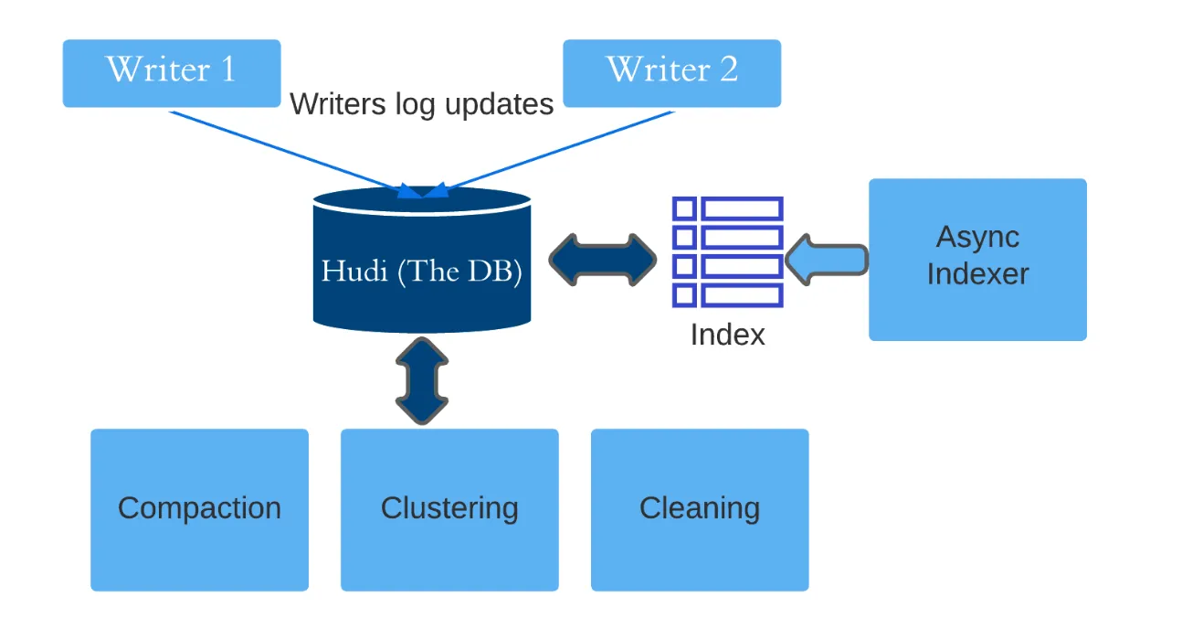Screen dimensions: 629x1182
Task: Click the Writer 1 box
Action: point(171,73)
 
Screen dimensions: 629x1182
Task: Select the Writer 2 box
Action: point(671,73)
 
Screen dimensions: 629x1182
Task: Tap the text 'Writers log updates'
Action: point(421,104)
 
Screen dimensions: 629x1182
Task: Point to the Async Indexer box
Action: point(977,260)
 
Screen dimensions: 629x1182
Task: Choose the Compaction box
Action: point(199,509)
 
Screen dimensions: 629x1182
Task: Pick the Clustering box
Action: point(449,509)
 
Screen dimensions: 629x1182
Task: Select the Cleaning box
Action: point(700,509)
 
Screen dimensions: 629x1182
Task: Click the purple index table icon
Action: point(728,251)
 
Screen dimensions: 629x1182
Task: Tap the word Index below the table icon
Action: point(727,335)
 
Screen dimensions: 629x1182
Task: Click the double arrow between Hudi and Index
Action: point(603,260)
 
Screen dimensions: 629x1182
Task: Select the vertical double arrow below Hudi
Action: point(422,380)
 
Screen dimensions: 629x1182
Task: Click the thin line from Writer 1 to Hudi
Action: point(283,150)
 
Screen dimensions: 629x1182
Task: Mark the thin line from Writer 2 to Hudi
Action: point(557,151)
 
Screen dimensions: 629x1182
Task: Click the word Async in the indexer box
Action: point(977,238)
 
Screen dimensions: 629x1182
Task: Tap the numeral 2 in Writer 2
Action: point(728,69)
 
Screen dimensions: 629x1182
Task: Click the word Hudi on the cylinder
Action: point(355,272)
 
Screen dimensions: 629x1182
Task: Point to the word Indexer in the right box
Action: point(977,274)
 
